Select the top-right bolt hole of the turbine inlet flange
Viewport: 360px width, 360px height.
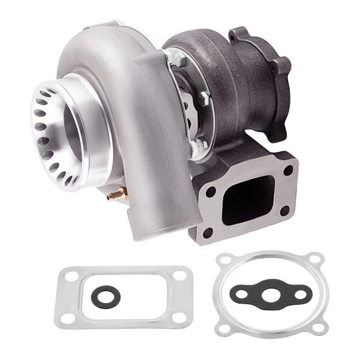(x=289, y=170)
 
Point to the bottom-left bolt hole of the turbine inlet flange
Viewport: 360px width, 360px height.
(x=208, y=232)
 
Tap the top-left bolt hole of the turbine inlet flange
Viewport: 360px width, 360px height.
(x=212, y=191)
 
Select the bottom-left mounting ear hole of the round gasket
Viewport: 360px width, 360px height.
(x=225, y=328)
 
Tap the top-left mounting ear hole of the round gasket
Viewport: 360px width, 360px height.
(x=225, y=260)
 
